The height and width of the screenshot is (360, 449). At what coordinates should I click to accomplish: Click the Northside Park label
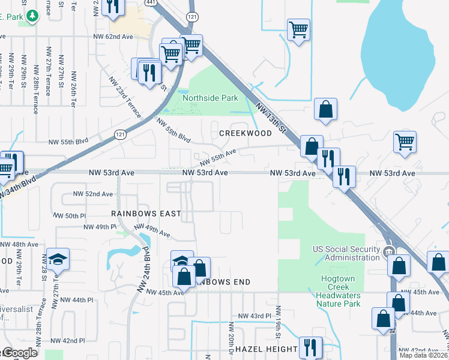210,98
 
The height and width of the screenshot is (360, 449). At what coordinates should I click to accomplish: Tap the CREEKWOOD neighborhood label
246,133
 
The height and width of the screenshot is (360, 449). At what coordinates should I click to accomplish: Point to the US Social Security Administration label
346,253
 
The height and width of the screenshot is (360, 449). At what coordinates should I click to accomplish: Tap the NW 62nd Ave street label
113,37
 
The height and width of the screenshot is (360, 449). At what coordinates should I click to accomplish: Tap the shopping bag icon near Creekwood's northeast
325,109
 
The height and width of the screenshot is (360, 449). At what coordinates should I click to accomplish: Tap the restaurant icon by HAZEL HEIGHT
310,347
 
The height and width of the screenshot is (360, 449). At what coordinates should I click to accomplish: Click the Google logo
19,353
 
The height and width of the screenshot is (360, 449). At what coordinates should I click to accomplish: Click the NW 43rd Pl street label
251,316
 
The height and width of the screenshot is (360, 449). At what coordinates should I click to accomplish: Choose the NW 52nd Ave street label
92,194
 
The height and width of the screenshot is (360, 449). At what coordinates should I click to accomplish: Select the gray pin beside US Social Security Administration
388,252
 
